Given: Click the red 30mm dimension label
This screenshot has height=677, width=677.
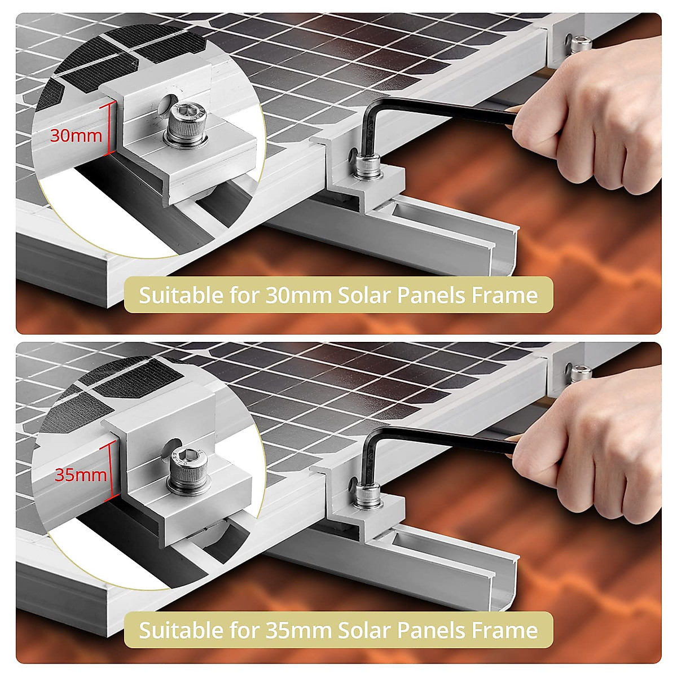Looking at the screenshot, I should tap(76, 136).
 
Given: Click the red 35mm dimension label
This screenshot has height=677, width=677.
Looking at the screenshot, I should tap(80, 474).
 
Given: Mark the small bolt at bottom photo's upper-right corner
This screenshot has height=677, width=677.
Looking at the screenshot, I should tap(581, 372).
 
